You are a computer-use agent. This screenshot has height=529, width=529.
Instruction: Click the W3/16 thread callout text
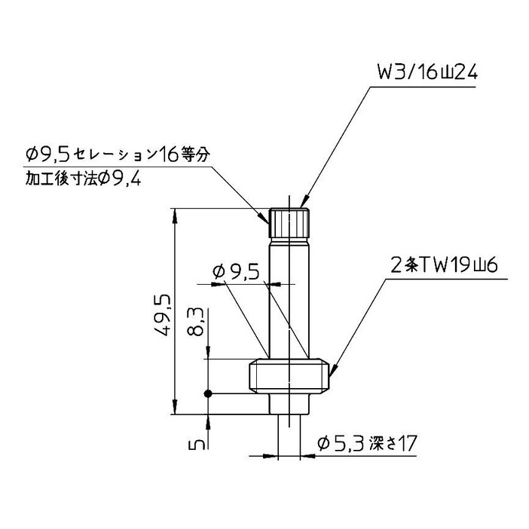427,74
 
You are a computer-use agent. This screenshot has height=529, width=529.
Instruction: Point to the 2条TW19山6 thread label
440,265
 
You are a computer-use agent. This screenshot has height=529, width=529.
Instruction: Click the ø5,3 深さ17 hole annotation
367,443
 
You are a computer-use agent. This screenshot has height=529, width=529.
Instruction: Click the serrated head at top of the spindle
289,223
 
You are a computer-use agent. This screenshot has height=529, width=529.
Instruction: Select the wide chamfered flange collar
289,377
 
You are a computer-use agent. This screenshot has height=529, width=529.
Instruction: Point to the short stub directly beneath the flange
289,405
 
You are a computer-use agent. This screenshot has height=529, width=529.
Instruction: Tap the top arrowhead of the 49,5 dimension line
176,214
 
